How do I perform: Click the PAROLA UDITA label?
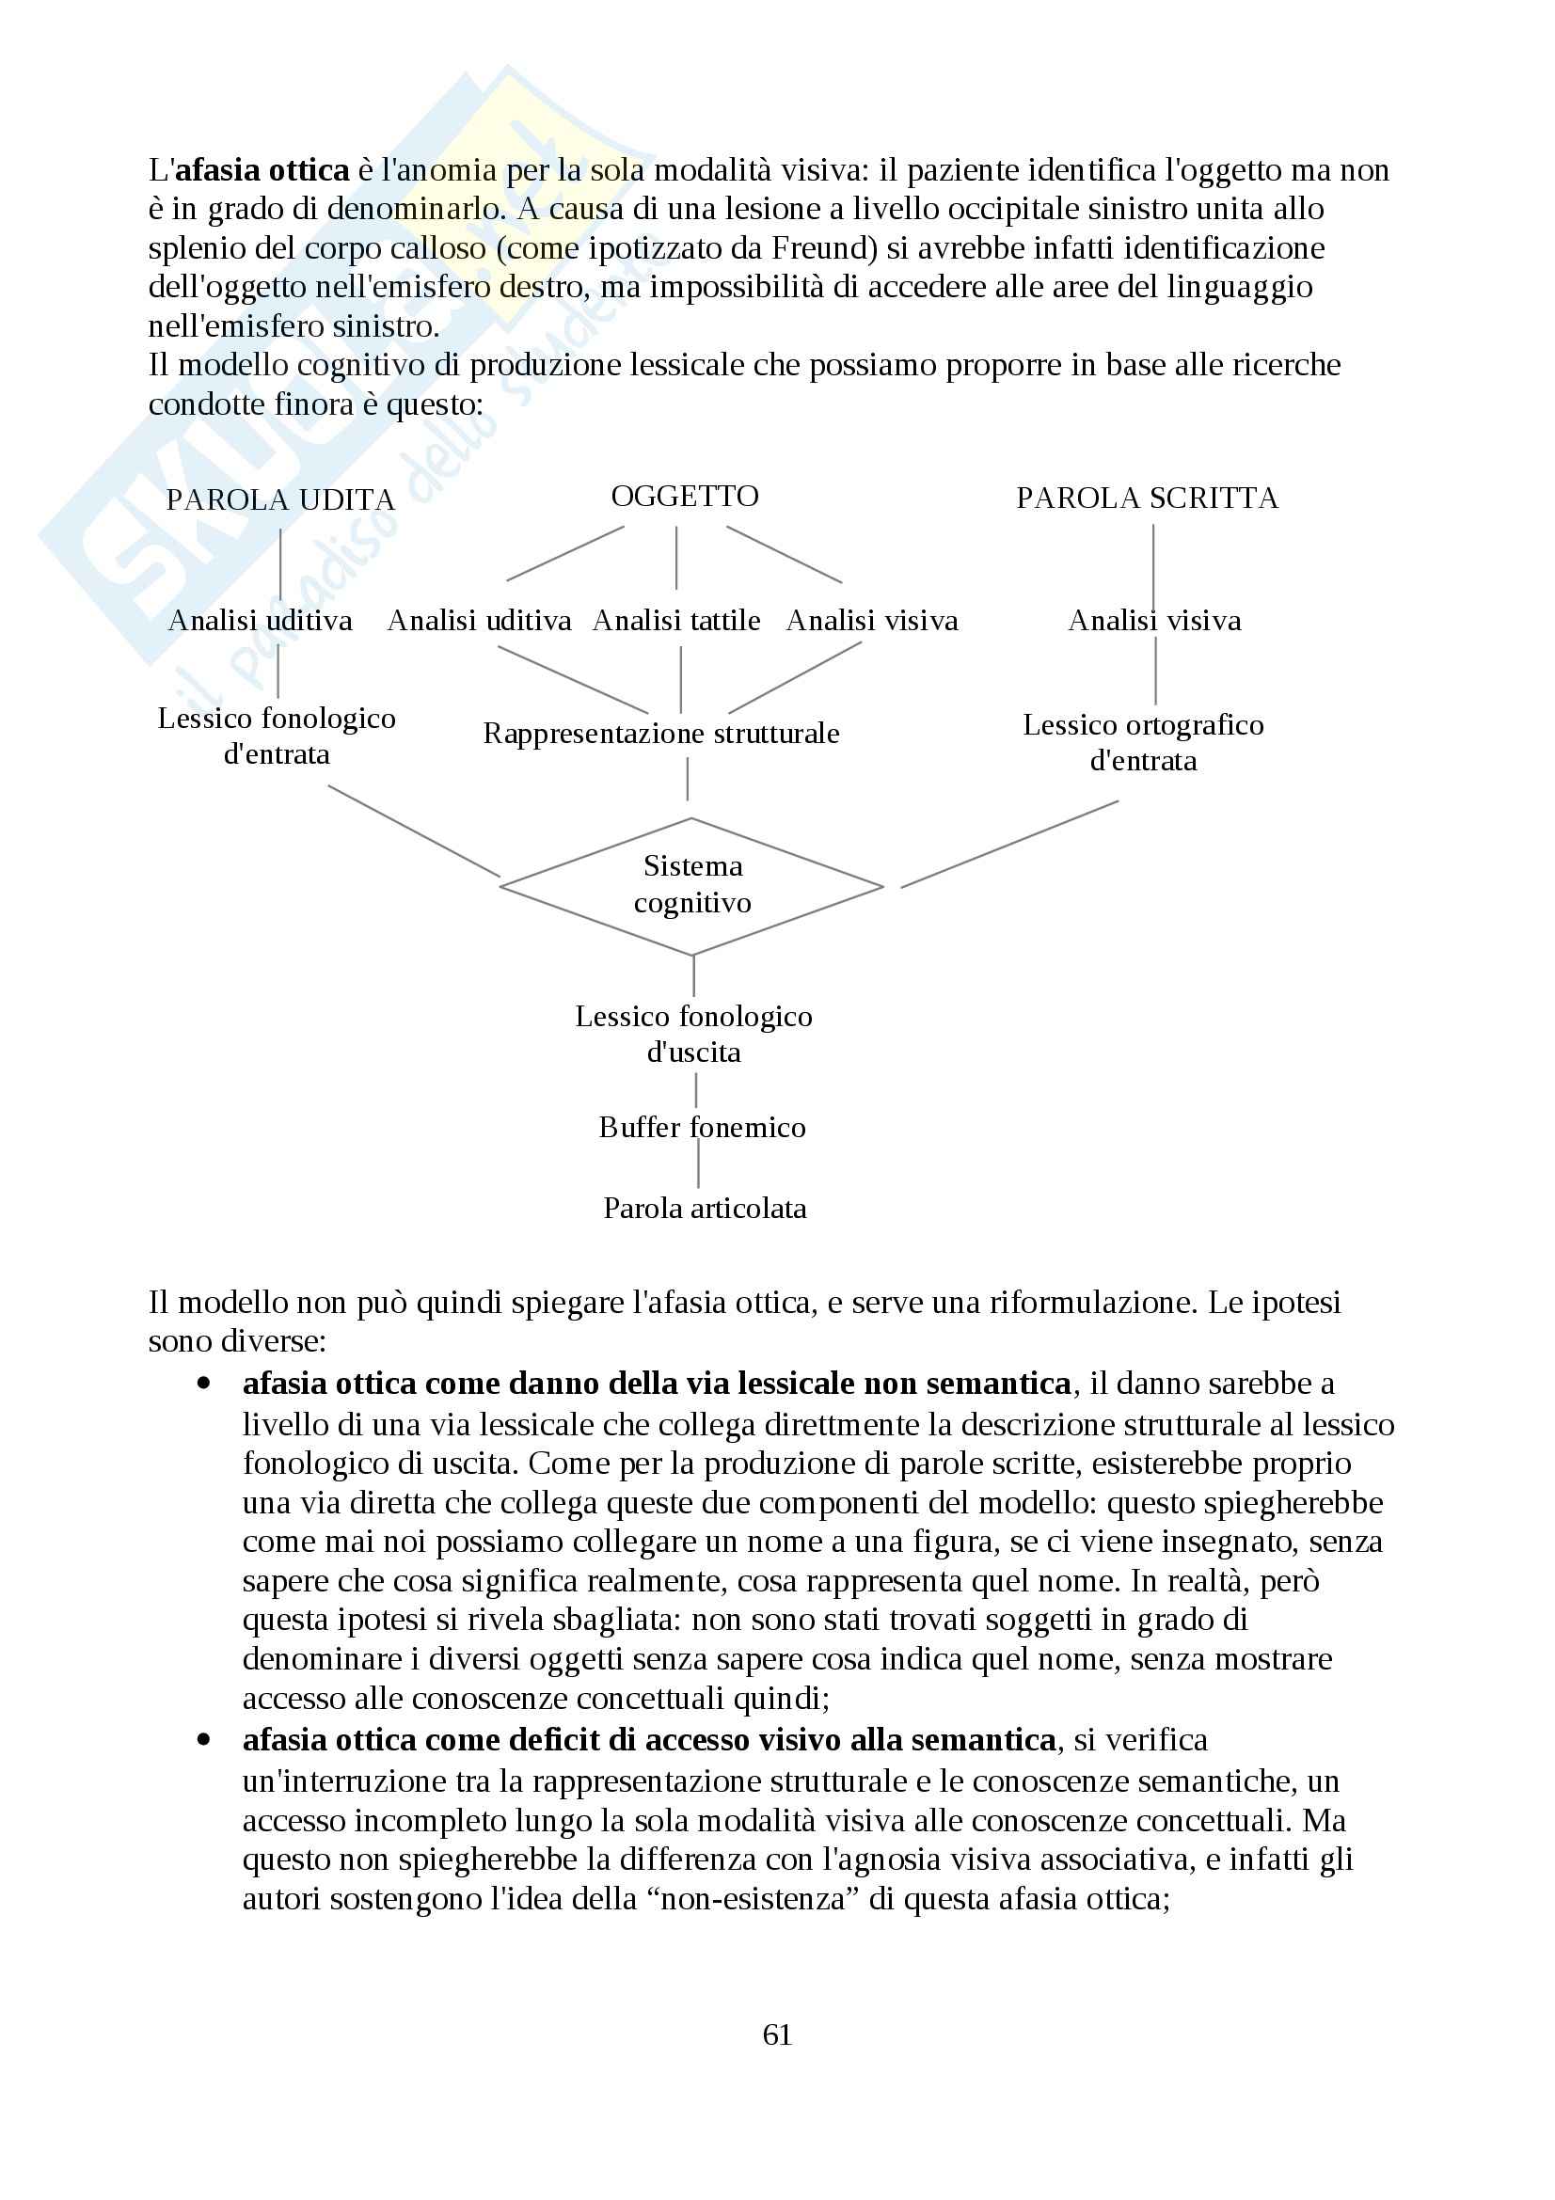[x=279, y=500]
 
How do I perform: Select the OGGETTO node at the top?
[x=684, y=497]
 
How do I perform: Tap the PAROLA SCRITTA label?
[x=1147, y=499]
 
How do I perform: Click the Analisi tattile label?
[x=675, y=621]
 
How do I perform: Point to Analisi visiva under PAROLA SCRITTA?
[x=1153, y=621]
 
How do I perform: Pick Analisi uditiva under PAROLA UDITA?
[x=260, y=621]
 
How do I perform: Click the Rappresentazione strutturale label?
[x=661, y=734]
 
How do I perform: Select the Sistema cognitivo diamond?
[x=691, y=884]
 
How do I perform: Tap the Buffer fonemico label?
[x=702, y=1128]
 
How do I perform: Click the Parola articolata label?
[x=705, y=1209]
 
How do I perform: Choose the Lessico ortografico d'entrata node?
[x=1143, y=743]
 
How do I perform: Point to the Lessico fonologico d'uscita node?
[x=693, y=1034]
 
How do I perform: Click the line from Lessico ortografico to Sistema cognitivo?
[x=1008, y=844]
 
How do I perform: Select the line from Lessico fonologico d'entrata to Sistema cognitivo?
[x=414, y=831]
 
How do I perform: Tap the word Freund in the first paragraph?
[x=821, y=249]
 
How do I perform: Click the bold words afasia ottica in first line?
[x=262, y=170]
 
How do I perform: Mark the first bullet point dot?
[x=203, y=1384]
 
